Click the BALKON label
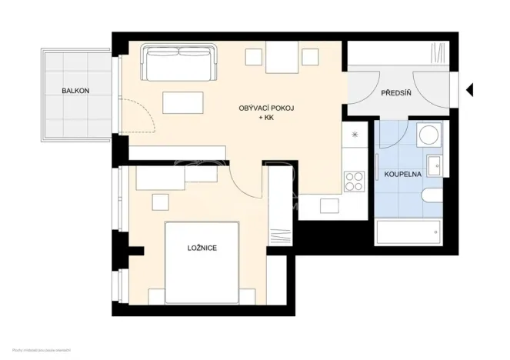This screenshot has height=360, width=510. tap(75, 91)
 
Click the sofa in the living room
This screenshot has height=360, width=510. tap(178, 63)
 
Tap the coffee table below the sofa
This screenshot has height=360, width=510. tap(183, 104)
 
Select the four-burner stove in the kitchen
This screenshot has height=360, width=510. tap(354, 181)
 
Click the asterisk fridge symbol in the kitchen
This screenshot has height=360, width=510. tap(355, 136)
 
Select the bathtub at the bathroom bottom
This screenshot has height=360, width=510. tap(408, 231)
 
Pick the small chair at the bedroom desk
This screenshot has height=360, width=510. tap(160, 202)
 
